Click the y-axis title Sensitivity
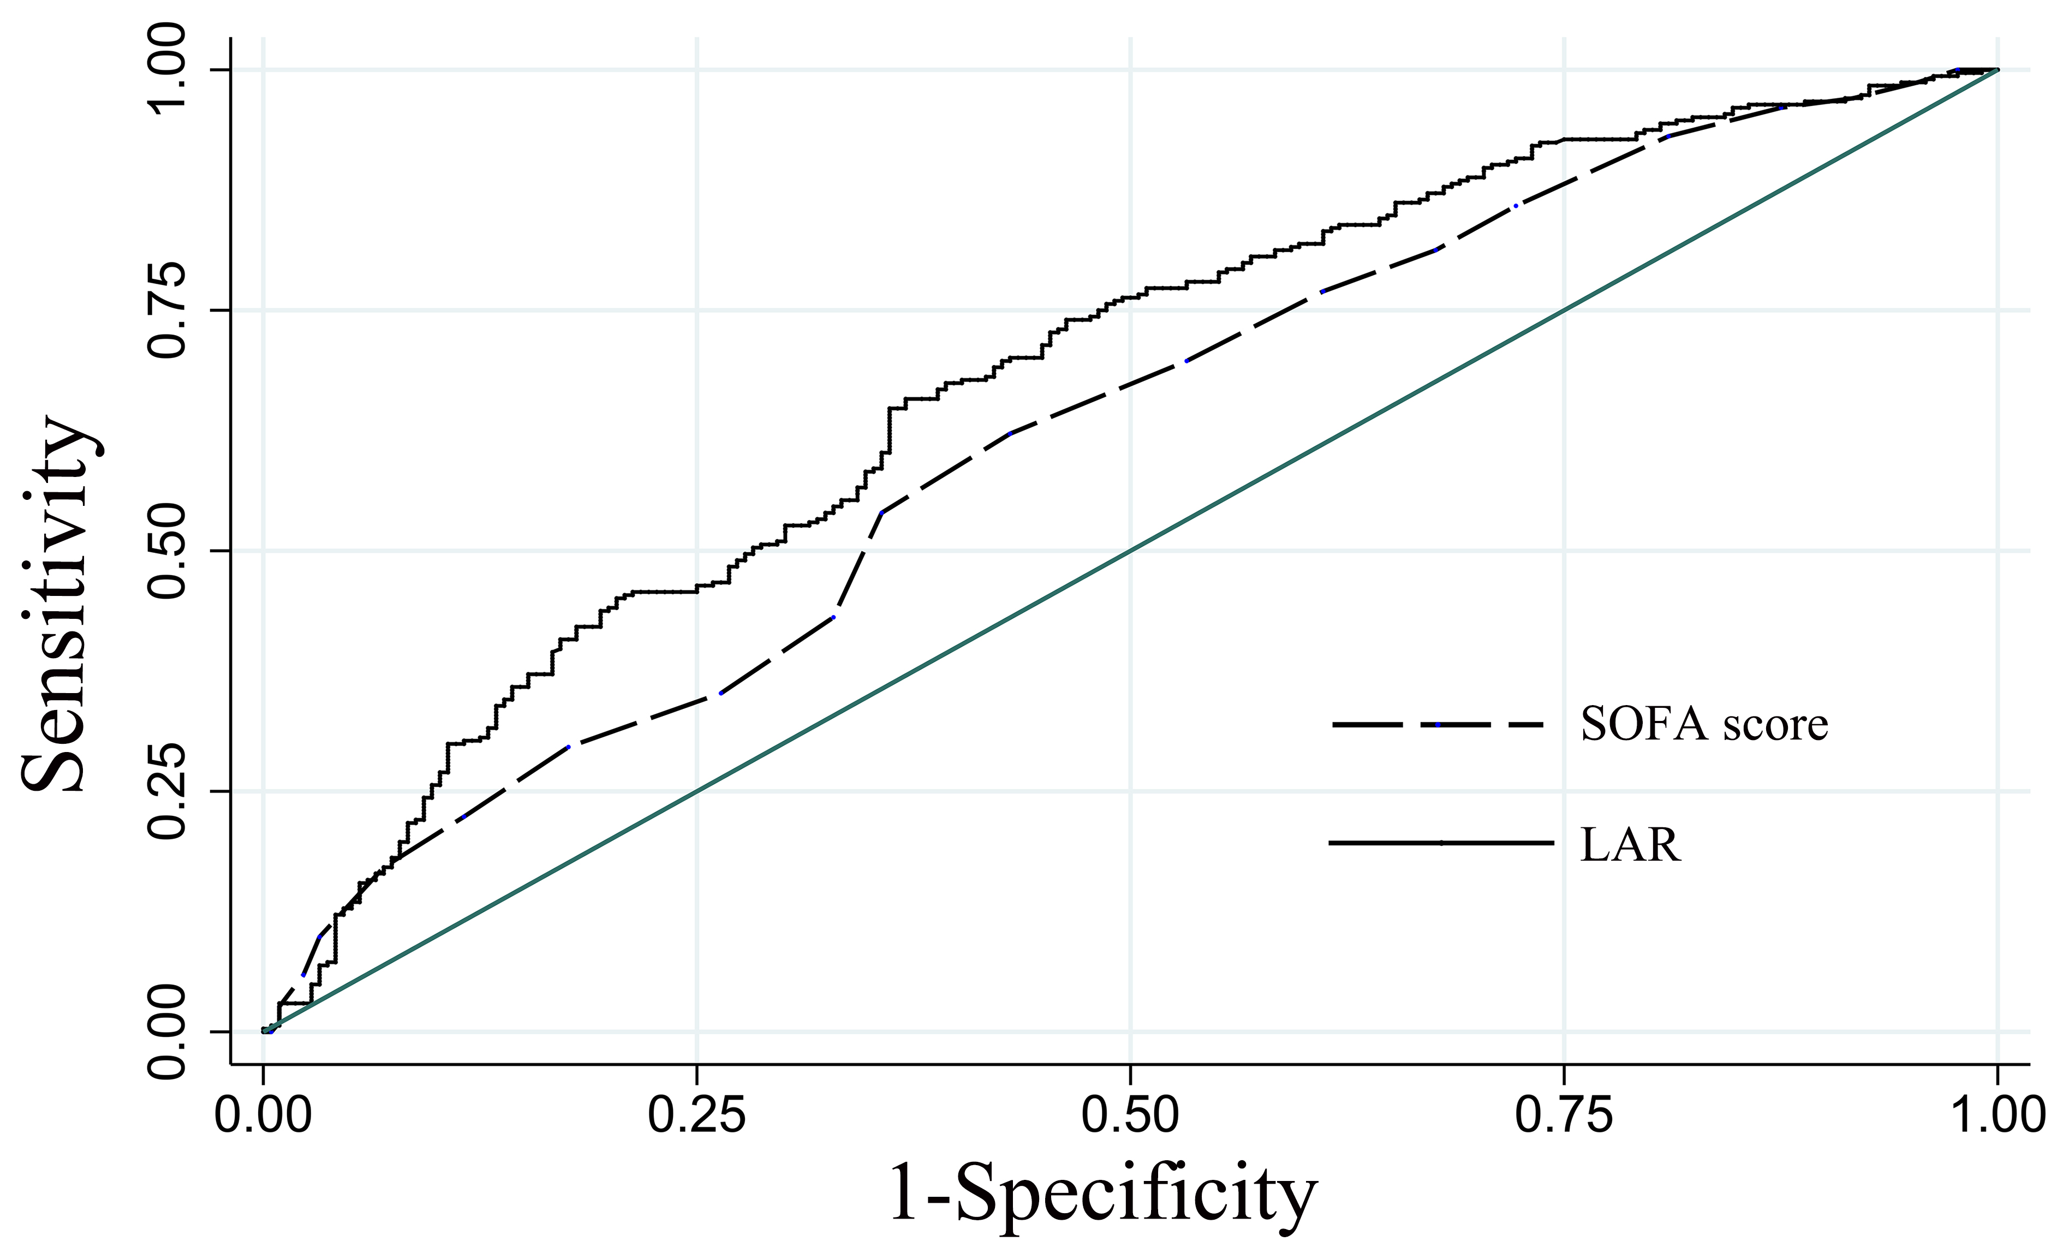click(57, 602)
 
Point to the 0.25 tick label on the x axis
click(696, 1116)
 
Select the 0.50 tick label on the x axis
click(1130, 1116)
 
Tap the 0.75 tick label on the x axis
click(1564, 1116)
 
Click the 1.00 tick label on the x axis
click(1998, 1116)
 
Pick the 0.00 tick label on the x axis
click(263, 1116)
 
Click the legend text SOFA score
click(1704, 725)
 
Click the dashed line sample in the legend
click(1438, 725)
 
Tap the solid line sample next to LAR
click(1440, 843)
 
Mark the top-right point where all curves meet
click(1998, 69)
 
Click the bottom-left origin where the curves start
click(264, 1030)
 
